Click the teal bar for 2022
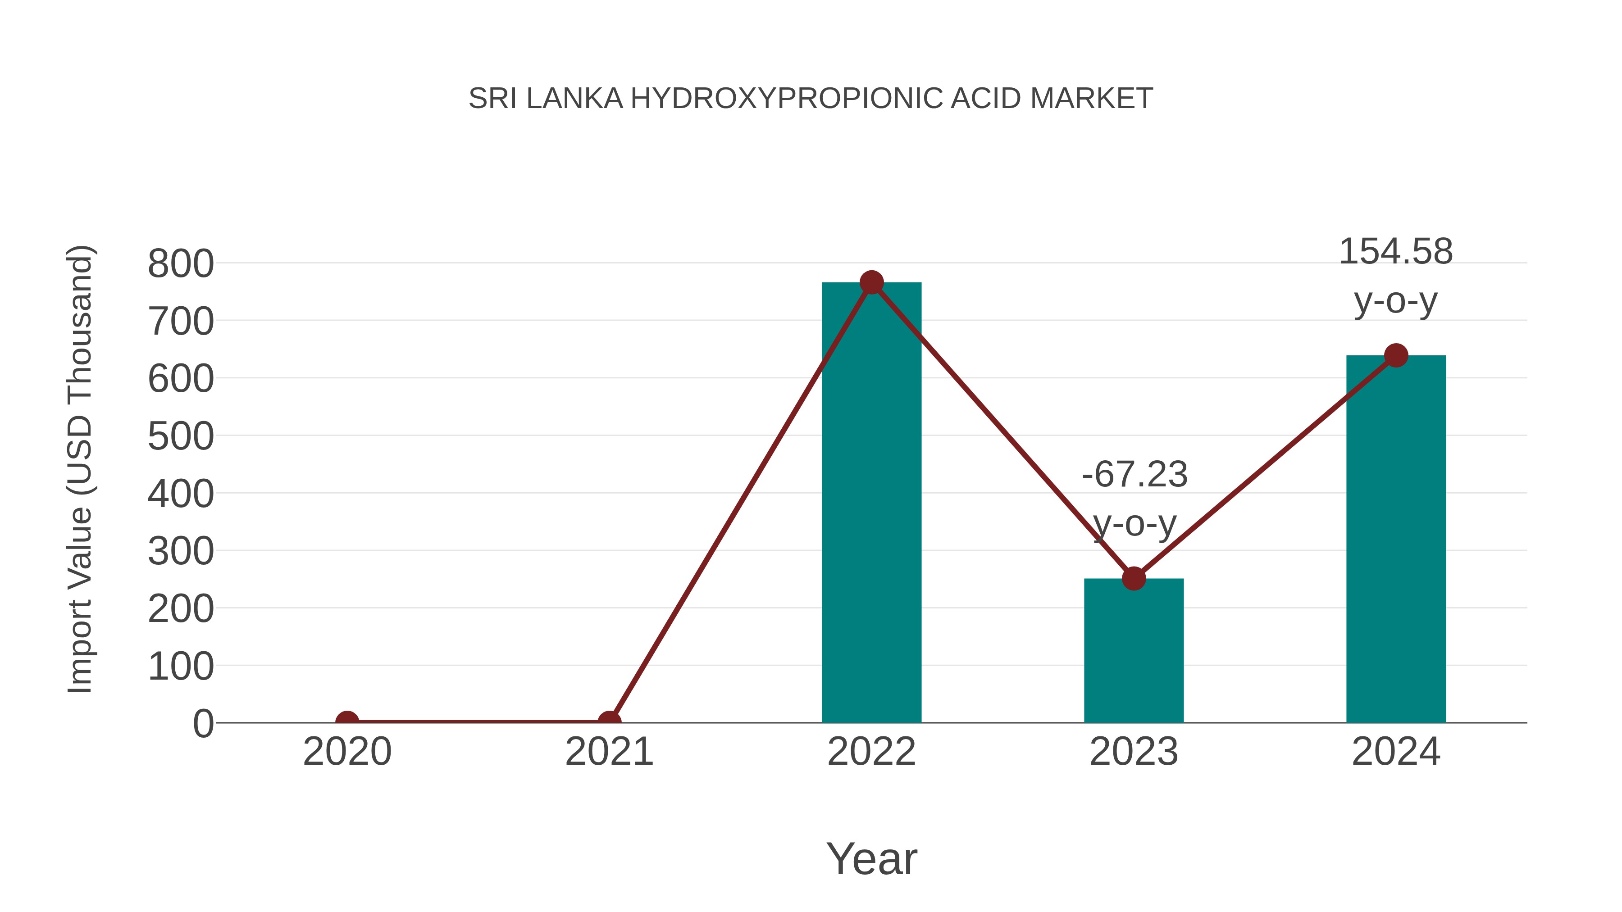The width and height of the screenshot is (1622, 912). point(871,504)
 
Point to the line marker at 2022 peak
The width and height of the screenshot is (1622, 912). point(871,282)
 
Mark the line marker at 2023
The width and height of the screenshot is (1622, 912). point(1134,578)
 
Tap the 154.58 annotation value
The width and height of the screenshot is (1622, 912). point(1396,251)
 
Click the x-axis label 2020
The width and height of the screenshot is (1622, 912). point(347,752)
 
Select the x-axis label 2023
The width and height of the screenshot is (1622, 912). point(1134,752)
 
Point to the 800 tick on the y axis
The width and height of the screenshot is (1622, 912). point(181,264)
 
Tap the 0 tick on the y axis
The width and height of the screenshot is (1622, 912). point(203,724)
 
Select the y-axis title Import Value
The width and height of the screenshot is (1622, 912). point(80,469)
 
